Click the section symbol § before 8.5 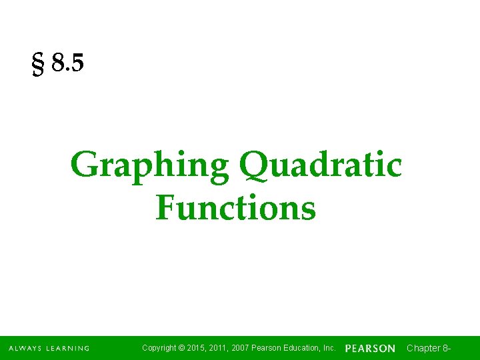click(x=38, y=65)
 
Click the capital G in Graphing click(x=84, y=165)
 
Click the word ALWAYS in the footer click(x=25, y=348)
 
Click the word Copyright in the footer click(x=160, y=348)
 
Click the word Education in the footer click(x=304, y=348)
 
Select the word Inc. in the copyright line click(x=329, y=348)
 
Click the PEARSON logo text click(x=370, y=349)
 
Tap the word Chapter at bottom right click(x=423, y=348)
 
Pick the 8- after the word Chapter click(x=447, y=348)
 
